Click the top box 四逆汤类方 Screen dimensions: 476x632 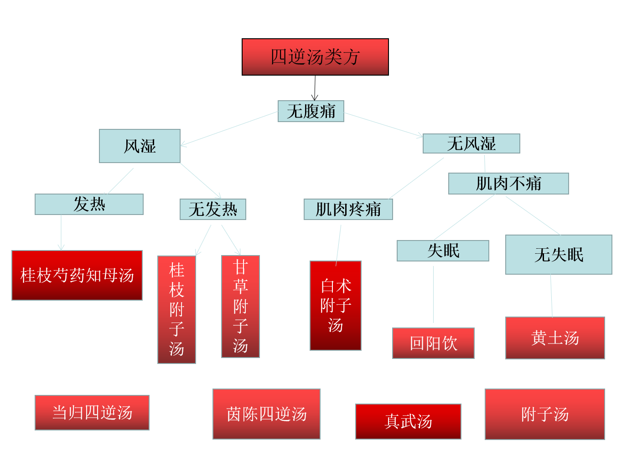(315, 57)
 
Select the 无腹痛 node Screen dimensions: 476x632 (311, 111)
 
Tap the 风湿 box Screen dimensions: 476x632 (140, 146)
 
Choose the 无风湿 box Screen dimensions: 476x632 (471, 143)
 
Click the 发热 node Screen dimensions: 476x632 (89, 204)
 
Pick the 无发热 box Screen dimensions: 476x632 (213, 210)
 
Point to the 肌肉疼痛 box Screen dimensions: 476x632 (348, 210)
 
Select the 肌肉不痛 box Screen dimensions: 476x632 (508, 184)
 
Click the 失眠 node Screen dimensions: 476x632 (443, 251)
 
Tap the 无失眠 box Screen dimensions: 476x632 (559, 255)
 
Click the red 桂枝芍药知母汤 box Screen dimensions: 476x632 (77, 275)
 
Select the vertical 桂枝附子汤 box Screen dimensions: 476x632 (176, 310)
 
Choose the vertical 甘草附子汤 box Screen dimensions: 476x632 (240, 307)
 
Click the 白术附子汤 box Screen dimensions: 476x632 (336, 306)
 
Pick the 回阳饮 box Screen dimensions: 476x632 (433, 343)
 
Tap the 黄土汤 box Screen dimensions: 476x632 (555, 338)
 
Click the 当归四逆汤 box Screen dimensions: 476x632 (92, 413)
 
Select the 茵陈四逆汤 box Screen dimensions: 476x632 (266, 414)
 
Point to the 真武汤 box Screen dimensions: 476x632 (408, 421)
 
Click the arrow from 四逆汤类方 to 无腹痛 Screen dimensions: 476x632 (315, 88)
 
